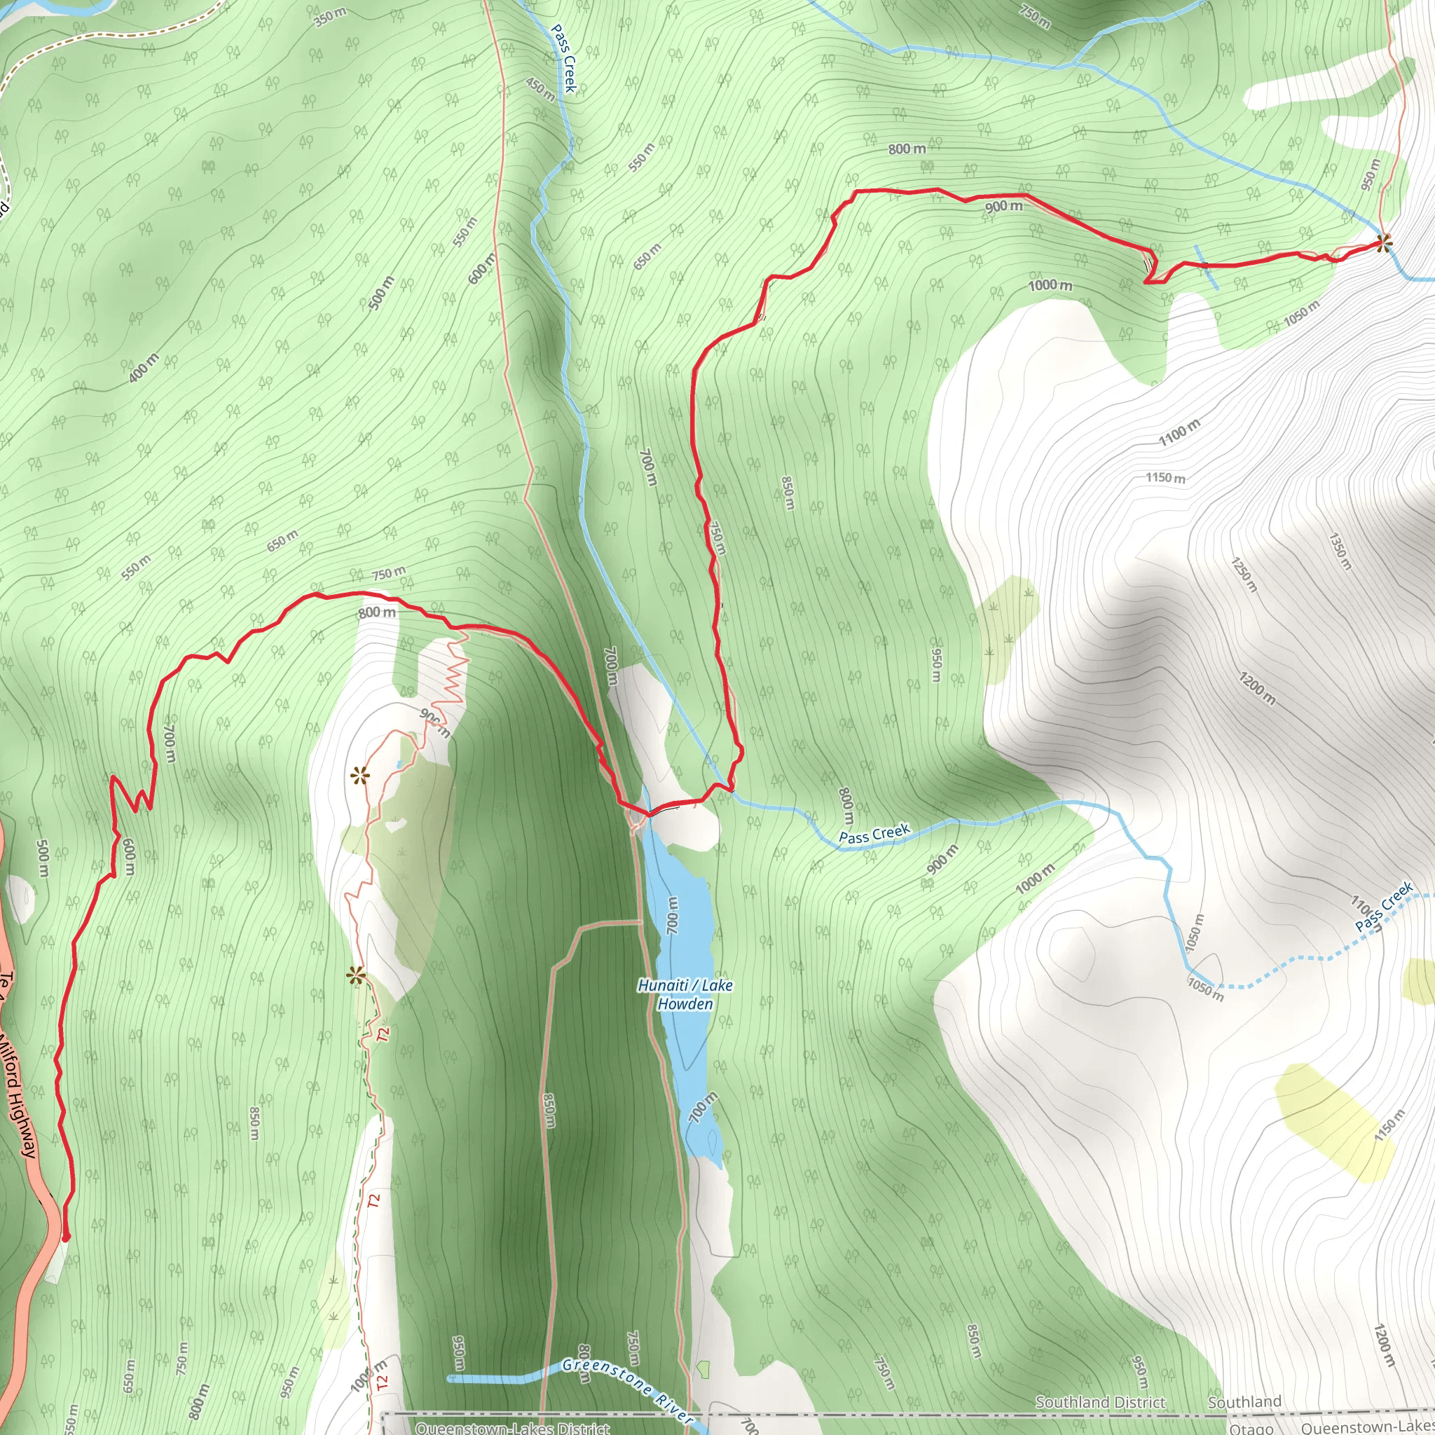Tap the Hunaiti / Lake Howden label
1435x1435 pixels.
[x=685, y=994]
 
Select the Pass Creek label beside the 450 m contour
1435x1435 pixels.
[x=564, y=59]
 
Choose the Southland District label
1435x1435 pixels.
[x=1100, y=1401]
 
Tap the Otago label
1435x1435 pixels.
[x=1251, y=1428]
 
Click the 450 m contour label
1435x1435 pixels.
[x=540, y=89]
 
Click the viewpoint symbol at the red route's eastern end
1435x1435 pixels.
[x=1383, y=242]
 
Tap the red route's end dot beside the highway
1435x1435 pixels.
[x=66, y=1237]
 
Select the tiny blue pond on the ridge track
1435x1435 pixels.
[x=399, y=764]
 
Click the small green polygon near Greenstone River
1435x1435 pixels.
[x=703, y=1368]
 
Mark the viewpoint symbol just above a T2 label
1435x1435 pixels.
[x=356, y=976]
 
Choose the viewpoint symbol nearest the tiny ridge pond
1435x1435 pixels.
[x=360, y=777]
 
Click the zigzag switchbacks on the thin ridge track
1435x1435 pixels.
[x=454, y=672]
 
